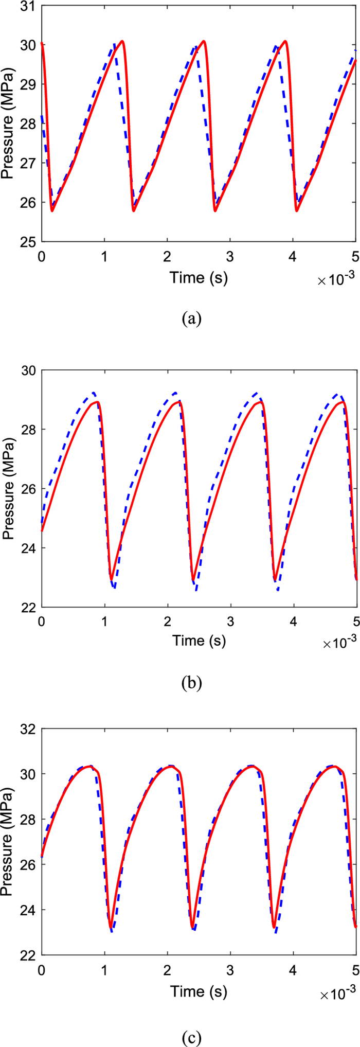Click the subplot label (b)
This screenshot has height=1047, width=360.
pyautogui.click(x=192, y=683)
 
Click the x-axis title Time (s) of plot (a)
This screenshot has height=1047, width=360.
pyautogui.click(x=199, y=278)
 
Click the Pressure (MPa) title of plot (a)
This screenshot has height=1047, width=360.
pyautogui.click(x=8, y=123)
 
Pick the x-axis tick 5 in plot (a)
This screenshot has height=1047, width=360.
pyautogui.click(x=356, y=256)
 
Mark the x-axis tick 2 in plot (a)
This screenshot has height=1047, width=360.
pyautogui.click(x=167, y=256)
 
